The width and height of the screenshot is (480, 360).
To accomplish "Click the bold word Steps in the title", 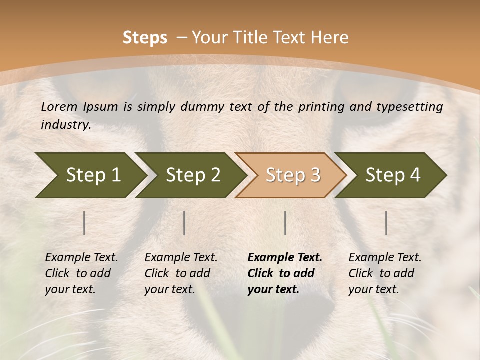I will point(145,38).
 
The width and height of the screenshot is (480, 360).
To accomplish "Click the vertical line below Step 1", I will point(84,223).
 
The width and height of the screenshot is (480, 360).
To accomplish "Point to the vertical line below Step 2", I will point(184,223).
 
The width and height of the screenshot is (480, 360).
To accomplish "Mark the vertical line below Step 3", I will point(285,223).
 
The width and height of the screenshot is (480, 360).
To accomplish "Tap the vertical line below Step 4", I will point(386,223).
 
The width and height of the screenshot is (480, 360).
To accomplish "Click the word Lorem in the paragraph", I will point(59,106).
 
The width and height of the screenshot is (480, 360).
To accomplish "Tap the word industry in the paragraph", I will point(66,124).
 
